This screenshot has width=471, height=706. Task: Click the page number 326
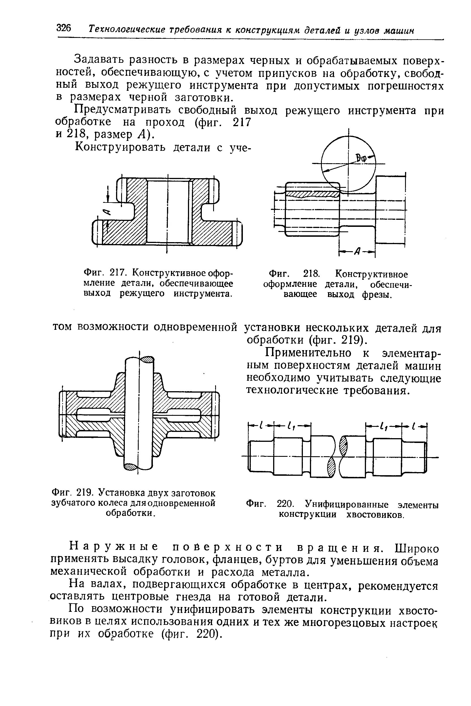(63, 29)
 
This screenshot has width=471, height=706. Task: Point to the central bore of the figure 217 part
(167, 212)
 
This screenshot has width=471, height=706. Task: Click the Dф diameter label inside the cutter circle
(362, 158)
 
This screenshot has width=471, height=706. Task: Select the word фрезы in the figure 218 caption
(377, 295)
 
